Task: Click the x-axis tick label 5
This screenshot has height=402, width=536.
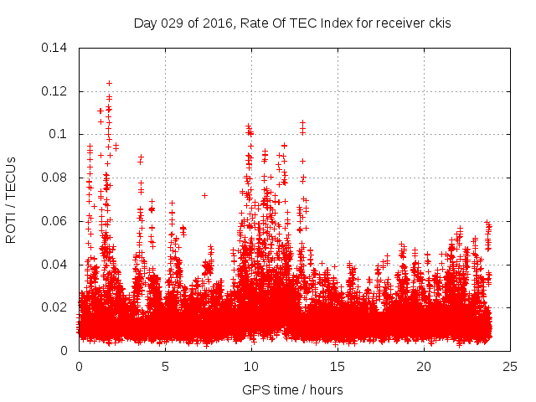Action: pyautogui.click(x=165, y=367)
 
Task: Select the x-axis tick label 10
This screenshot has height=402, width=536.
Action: pyautogui.click(x=251, y=367)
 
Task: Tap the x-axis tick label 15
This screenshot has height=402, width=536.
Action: pyautogui.click(x=338, y=367)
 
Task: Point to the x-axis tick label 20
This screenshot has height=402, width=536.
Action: pyautogui.click(x=424, y=367)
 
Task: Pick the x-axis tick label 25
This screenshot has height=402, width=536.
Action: pyautogui.click(x=510, y=367)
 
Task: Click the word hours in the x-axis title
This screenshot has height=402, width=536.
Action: pyautogui.click(x=324, y=389)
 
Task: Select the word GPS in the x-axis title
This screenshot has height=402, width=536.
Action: pyautogui.click(x=255, y=389)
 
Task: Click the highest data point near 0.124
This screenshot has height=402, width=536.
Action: pyautogui.click(x=109, y=83)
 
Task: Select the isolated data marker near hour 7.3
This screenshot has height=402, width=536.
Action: pyautogui.click(x=204, y=195)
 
